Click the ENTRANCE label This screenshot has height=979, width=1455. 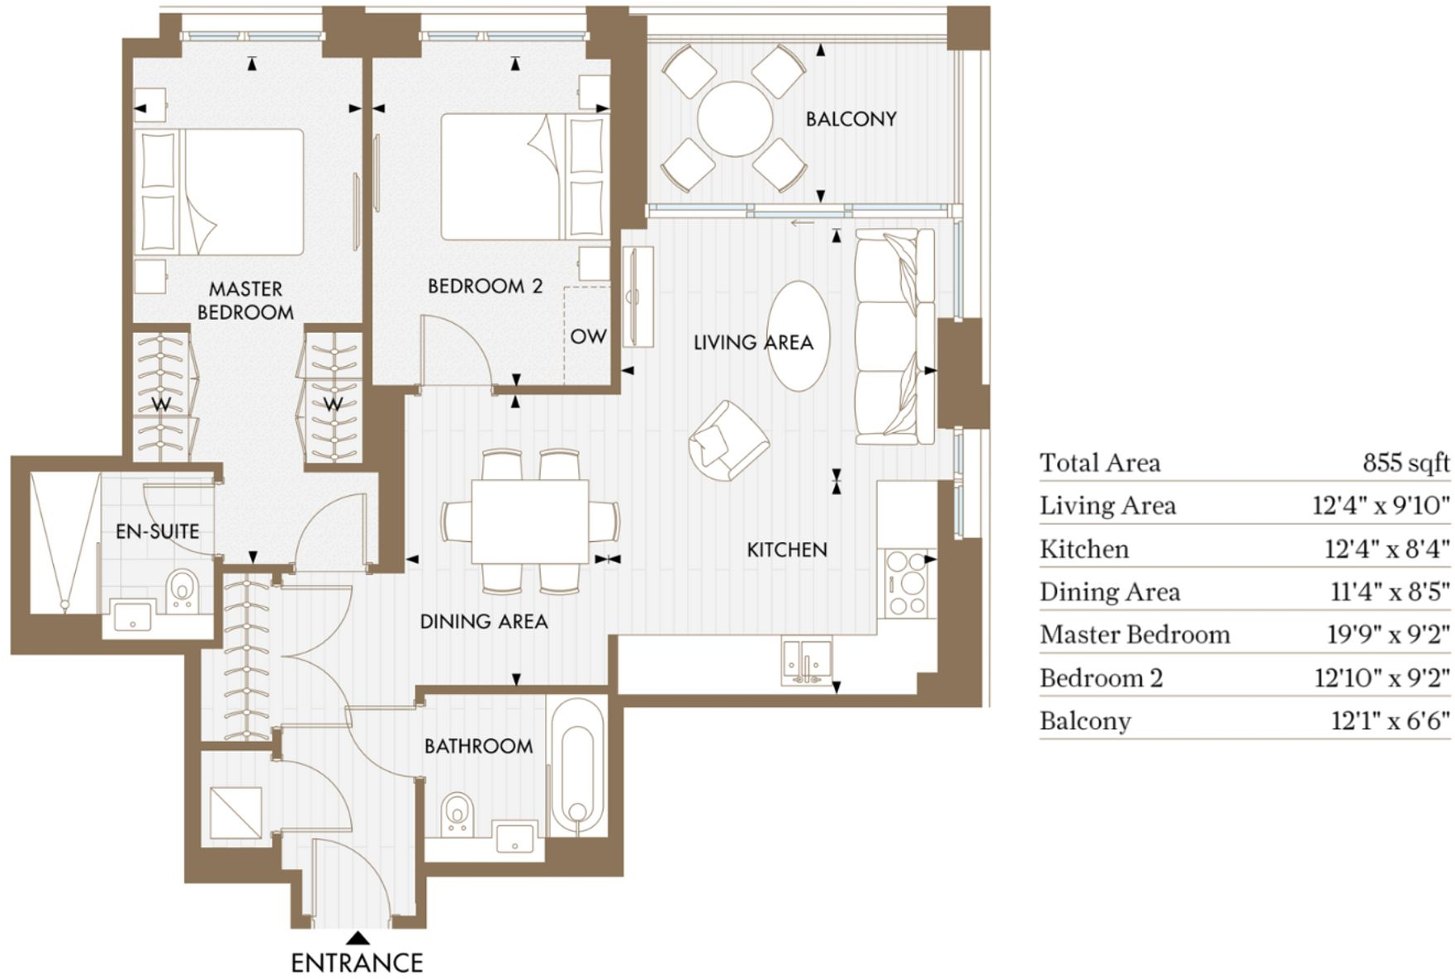point(357,962)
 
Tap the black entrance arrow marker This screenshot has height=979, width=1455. point(358,938)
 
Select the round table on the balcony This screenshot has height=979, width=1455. point(735,118)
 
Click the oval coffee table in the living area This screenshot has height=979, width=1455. point(799,335)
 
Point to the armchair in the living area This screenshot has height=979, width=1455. point(728,440)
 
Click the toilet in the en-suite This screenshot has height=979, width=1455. point(182,590)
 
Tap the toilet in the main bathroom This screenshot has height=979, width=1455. point(457,814)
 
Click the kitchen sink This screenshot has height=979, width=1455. point(806,660)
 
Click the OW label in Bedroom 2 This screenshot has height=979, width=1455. point(588,336)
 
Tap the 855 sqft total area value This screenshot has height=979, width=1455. point(1405,463)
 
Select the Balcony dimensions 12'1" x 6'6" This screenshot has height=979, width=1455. point(1390,721)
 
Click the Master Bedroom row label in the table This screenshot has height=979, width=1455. point(1135,634)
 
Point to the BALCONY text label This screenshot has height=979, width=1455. point(851,119)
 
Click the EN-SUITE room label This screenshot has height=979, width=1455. point(158,531)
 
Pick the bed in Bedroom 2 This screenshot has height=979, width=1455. point(525,177)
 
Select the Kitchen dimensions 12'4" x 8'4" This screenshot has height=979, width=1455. point(1387,549)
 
